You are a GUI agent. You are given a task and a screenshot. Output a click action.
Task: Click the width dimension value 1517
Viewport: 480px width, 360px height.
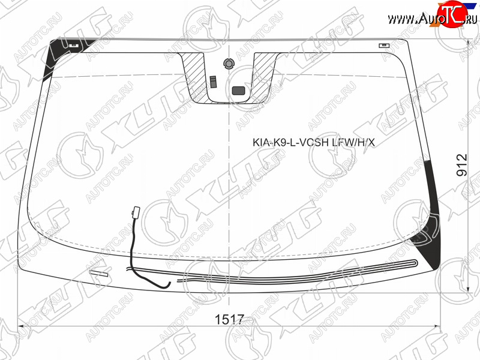click(x=229, y=320)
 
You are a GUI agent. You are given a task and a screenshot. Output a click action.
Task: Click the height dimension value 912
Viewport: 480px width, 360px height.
click(x=462, y=166)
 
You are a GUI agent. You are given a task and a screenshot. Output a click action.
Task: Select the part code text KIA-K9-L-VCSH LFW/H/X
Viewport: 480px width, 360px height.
click(x=313, y=142)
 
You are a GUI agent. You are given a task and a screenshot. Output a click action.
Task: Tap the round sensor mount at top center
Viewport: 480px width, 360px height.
click(x=228, y=64)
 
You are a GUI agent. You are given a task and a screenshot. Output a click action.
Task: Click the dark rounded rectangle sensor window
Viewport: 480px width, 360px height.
click(x=238, y=91)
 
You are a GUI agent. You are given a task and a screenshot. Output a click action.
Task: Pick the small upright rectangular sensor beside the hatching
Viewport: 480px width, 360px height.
click(x=213, y=82)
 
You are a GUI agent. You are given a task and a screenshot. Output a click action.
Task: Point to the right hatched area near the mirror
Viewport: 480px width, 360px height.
click(x=263, y=77)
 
